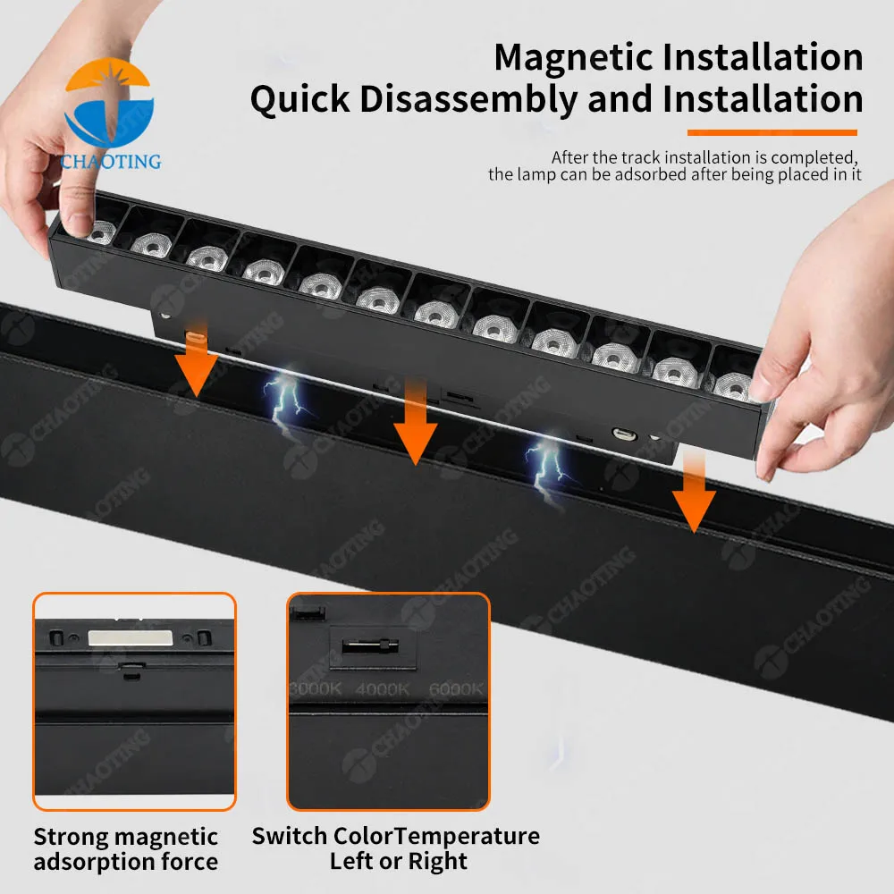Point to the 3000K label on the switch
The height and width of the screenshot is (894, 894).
click(x=315, y=690)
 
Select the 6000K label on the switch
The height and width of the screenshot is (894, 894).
click(x=454, y=690)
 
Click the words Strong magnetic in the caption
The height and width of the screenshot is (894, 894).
click(x=125, y=837)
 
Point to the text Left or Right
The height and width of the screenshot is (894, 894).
click(x=398, y=862)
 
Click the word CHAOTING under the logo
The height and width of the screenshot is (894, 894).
click(x=111, y=162)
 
